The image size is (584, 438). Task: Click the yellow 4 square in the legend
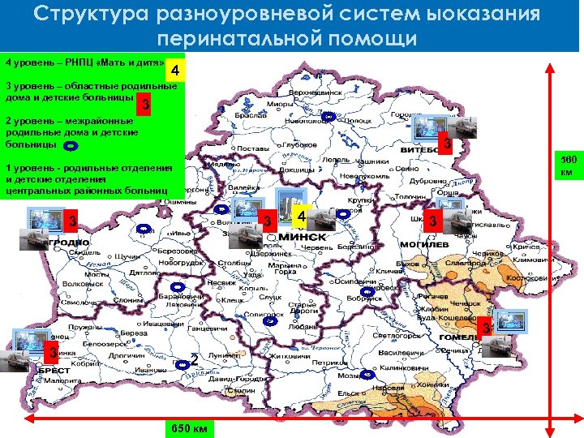(176, 71)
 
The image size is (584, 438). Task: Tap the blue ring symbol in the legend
(71, 146)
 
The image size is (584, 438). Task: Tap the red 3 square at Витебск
(444, 144)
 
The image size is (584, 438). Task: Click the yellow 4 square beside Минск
(300, 218)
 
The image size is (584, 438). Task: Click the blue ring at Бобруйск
(367, 290)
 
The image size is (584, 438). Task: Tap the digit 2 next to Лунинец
(194, 359)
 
